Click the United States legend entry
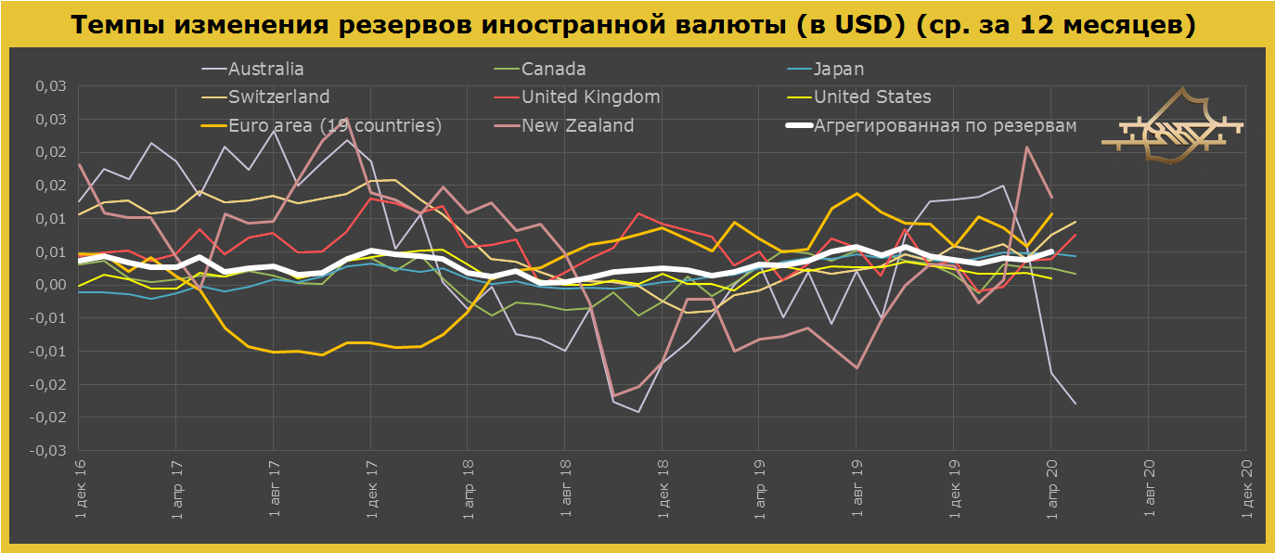(x=872, y=97)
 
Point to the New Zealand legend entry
(x=577, y=125)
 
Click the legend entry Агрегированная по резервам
(x=945, y=125)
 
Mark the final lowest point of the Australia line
(x=1075, y=404)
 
